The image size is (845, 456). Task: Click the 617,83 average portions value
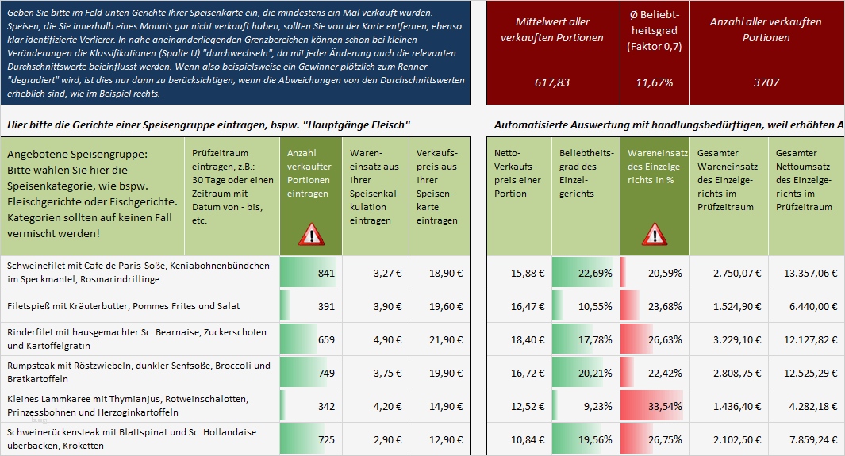pyautogui.click(x=552, y=82)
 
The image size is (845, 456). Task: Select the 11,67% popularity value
pyautogui.click(x=655, y=82)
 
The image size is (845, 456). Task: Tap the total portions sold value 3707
pyautogui.click(x=766, y=82)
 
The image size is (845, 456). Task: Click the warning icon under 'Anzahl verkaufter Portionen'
pyautogui.click(x=311, y=234)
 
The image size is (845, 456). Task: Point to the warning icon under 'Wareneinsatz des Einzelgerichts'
pyautogui.click(x=654, y=234)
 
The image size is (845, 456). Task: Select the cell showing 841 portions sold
pyautogui.click(x=310, y=273)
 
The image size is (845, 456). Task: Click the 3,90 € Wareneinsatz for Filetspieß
pyautogui.click(x=374, y=306)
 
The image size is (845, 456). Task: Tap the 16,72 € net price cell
pyautogui.click(x=518, y=373)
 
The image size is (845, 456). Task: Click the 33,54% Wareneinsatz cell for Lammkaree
pyautogui.click(x=655, y=406)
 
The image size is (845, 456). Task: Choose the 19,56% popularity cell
pyautogui.click(x=586, y=439)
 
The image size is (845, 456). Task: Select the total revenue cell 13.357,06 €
pyautogui.click(x=805, y=273)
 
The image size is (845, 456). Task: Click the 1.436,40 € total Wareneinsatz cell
pyautogui.click(x=728, y=406)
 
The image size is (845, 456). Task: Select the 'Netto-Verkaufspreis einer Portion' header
pyautogui.click(x=518, y=172)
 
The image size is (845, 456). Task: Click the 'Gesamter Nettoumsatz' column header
pyautogui.click(x=805, y=179)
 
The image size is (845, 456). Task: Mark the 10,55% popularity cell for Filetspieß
pyautogui.click(x=586, y=306)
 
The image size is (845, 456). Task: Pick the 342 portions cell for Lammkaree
pyautogui.click(x=310, y=406)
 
